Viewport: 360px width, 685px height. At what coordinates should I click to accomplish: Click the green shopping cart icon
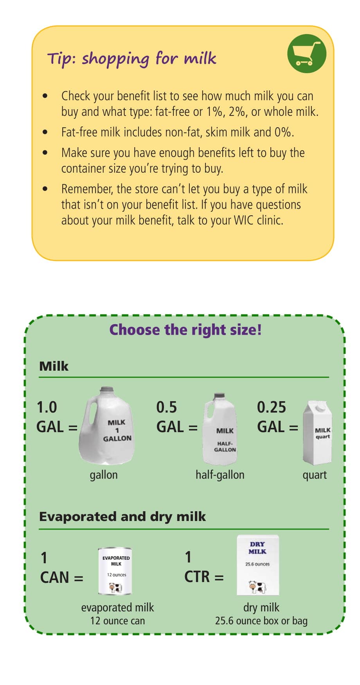pos(306,53)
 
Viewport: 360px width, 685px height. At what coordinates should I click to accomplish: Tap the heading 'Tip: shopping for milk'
pos(131,59)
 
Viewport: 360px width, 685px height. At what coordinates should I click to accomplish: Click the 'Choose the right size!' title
pos(185,330)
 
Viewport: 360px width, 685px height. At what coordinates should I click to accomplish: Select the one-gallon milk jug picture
pos(107,425)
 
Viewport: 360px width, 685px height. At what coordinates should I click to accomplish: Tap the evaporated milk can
pos(115,571)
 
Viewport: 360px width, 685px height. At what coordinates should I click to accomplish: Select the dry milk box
pos(258,565)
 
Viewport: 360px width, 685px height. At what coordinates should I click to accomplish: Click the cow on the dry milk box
pos(257,587)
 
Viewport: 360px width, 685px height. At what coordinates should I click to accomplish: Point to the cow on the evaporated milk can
pos(115,588)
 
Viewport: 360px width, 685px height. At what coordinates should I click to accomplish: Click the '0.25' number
pos(271,407)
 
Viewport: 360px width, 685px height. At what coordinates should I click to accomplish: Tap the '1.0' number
pos(47,407)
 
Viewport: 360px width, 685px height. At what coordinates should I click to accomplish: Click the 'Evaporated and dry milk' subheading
pos(122,516)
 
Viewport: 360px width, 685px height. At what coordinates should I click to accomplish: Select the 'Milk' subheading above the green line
pos(54,366)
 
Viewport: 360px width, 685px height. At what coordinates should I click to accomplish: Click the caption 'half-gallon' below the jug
pos(220,475)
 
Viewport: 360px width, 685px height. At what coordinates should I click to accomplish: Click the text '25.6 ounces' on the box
pos(257,564)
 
